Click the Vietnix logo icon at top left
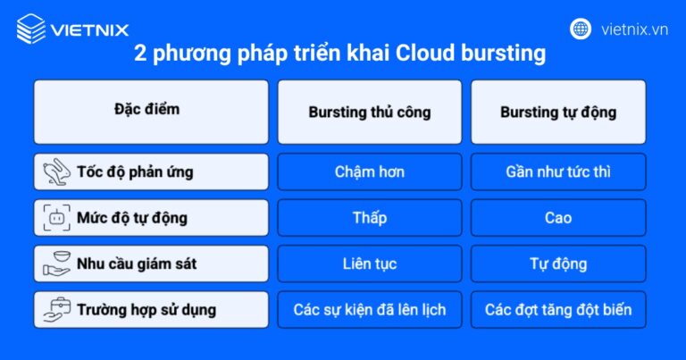click(30, 29)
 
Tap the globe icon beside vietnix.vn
click(581, 29)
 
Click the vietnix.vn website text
click(634, 29)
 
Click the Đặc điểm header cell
click(151, 111)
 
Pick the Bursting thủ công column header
click(370, 113)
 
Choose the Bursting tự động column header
click(558, 113)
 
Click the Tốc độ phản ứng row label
click(151, 172)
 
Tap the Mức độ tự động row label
click(151, 217)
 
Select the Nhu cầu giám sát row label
click(151, 264)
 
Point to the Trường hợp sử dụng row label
click(151, 310)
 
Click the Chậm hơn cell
click(370, 172)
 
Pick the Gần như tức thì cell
click(558, 172)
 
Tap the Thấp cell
click(370, 217)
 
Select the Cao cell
click(558, 217)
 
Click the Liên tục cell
click(370, 264)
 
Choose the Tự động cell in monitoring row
click(558, 264)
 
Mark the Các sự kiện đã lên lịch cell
click(370, 310)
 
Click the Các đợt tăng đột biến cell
click(558, 310)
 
